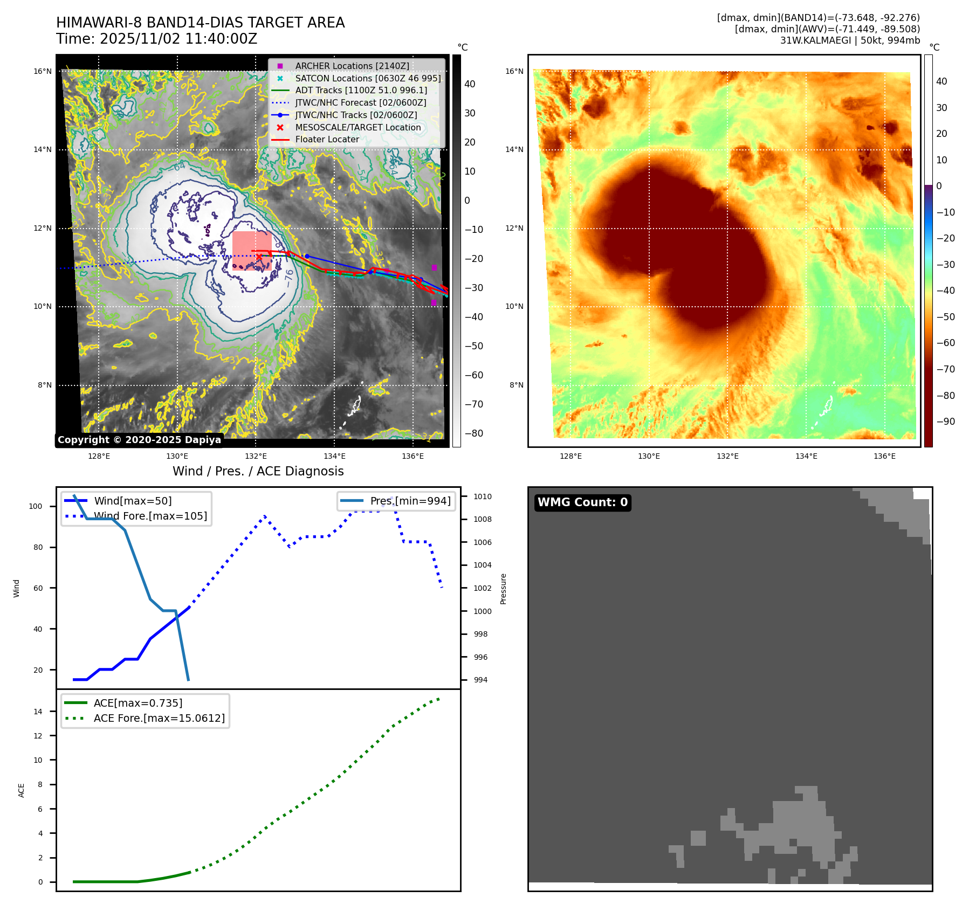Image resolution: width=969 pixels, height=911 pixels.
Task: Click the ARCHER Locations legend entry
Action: (x=352, y=66)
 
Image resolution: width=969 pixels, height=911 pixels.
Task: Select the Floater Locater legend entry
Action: (x=327, y=140)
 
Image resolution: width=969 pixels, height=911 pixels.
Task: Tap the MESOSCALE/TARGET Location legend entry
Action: (x=358, y=127)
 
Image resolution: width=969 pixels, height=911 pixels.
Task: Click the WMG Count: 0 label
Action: (x=582, y=502)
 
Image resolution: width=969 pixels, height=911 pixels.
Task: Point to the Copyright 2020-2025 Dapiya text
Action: (x=139, y=440)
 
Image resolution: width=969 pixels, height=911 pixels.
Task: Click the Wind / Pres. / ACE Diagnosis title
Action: (x=258, y=471)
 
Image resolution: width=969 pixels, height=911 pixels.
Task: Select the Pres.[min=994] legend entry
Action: (x=410, y=501)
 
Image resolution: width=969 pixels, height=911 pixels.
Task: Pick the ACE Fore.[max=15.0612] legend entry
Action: (x=159, y=718)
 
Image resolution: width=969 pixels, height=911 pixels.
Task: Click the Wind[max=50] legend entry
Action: (x=133, y=501)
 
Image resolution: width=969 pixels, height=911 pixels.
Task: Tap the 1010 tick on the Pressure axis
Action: (x=483, y=496)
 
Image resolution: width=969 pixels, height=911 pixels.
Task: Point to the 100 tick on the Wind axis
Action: (x=36, y=506)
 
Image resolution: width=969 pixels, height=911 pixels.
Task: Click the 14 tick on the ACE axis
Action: (x=38, y=712)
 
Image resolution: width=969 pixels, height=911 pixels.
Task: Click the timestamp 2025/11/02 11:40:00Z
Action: (x=178, y=39)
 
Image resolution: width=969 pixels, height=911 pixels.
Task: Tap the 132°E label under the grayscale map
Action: (x=256, y=457)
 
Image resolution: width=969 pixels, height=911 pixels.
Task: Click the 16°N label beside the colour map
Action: (x=514, y=71)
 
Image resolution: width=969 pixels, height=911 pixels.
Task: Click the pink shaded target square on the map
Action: (x=252, y=251)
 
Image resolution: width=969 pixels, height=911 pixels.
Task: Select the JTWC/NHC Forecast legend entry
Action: (x=360, y=102)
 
